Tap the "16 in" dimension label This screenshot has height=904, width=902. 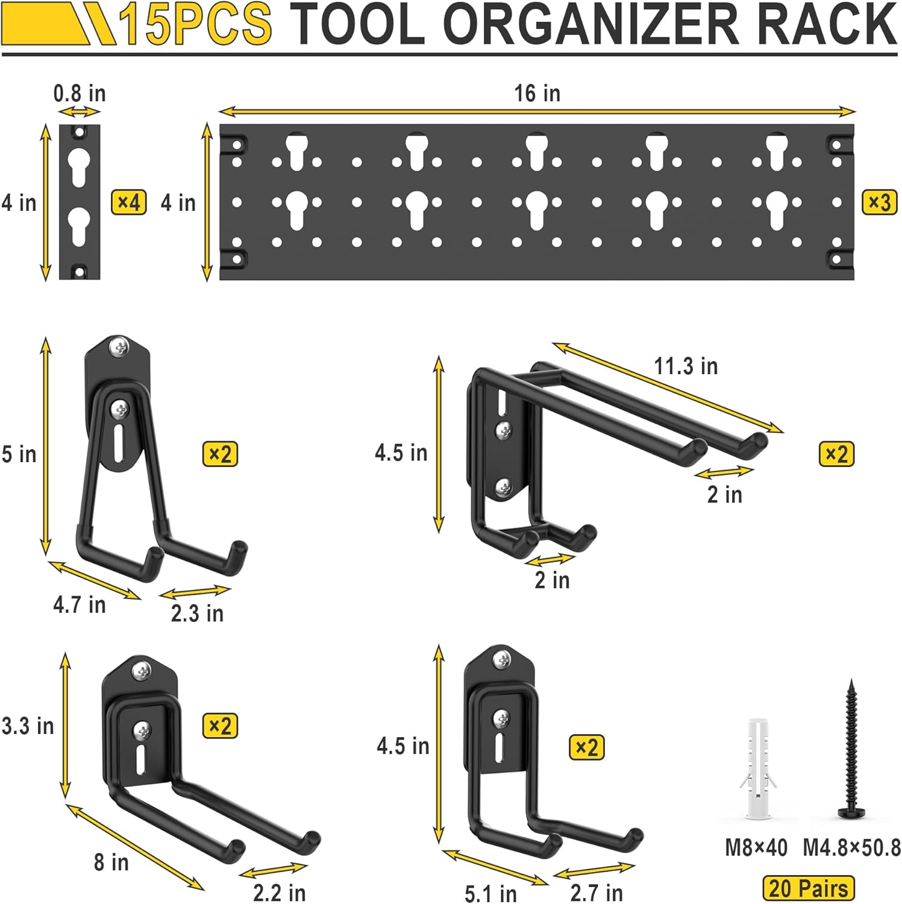pyautogui.click(x=537, y=93)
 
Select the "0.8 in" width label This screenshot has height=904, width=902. pyautogui.click(x=80, y=93)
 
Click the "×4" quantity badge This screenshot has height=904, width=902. pyautogui.click(x=128, y=202)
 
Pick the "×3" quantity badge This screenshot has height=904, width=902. pyautogui.click(x=879, y=202)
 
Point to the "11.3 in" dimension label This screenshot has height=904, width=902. pyautogui.click(x=686, y=366)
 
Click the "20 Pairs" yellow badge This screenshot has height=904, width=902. pyautogui.click(x=808, y=888)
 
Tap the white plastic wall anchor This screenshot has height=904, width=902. pyautogui.click(x=757, y=768)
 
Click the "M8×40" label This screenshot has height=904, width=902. pyautogui.click(x=756, y=848)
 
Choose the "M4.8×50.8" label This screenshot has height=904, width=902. pyautogui.click(x=851, y=848)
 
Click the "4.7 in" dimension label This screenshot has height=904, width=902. pyautogui.click(x=79, y=604)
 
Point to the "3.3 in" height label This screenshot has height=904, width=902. pyautogui.click(x=28, y=726)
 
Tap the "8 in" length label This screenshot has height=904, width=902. pyautogui.click(x=111, y=862)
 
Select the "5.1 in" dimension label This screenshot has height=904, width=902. pyautogui.click(x=490, y=893)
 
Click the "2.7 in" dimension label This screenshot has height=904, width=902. pyautogui.click(x=597, y=893)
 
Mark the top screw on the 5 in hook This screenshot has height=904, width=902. pyautogui.click(x=119, y=347)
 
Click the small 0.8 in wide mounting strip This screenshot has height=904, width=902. pyautogui.click(x=80, y=202)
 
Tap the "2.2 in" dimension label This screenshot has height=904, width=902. pyautogui.click(x=279, y=893)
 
